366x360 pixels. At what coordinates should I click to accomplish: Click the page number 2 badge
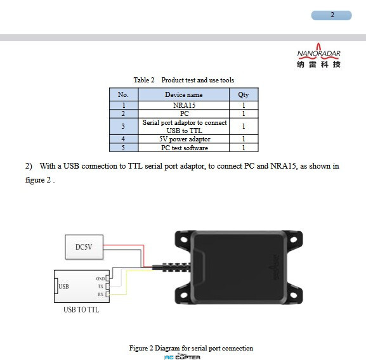coord(332,15)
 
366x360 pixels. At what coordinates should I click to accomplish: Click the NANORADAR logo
coord(318,56)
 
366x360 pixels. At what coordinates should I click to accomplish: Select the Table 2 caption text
coord(184,80)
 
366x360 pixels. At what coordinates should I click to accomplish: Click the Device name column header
coord(184,94)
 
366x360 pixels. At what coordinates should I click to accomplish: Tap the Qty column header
coord(244,94)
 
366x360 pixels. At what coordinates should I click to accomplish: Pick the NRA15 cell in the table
coord(184,105)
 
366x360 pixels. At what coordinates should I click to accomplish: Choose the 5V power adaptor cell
coord(184,139)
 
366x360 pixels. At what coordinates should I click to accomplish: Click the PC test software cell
coord(184,148)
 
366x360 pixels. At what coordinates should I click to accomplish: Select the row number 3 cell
coord(124,126)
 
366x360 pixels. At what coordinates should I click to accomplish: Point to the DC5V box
coord(84,247)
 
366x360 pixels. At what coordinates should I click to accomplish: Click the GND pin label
coord(100,279)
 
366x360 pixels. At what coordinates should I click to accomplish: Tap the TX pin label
coord(101,286)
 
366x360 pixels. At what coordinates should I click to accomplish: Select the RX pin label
coord(101,294)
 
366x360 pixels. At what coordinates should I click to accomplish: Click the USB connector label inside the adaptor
coord(63,286)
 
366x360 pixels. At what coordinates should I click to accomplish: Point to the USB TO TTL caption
coord(81,310)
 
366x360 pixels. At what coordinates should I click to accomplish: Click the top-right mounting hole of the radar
coord(294,240)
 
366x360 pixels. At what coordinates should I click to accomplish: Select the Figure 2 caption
coord(191,348)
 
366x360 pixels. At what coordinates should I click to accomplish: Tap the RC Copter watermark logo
coord(182,357)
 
